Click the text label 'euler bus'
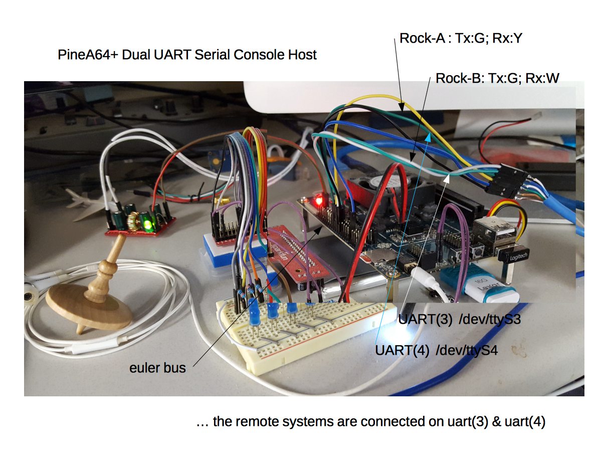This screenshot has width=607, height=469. [x=157, y=368]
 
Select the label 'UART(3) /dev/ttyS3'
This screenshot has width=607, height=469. [x=460, y=319]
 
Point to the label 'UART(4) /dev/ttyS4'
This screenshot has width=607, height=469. [x=437, y=350]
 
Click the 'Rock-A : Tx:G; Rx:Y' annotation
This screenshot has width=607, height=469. [x=461, y=38]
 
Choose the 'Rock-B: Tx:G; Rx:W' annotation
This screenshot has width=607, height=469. [x=497, y=78]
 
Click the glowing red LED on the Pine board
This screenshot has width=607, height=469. [x=317, y=202]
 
